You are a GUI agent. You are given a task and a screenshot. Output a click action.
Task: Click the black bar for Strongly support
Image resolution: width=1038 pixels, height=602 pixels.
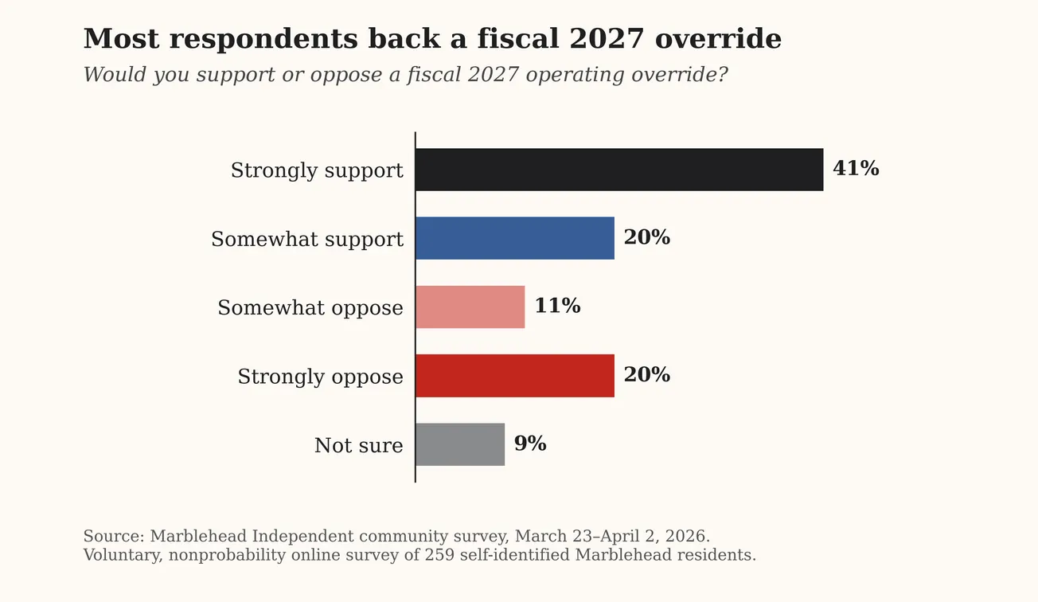pos(619,170)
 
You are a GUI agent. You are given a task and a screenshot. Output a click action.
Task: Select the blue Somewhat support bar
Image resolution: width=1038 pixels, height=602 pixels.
pos(514,238)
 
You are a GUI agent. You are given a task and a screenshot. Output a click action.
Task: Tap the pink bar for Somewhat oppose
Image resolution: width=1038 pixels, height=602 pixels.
pos(470,307)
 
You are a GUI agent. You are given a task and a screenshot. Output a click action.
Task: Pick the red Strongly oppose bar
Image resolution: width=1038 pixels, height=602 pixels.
pos(514,376)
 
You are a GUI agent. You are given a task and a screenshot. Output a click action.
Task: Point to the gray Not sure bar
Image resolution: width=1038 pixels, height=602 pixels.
pos(459,444)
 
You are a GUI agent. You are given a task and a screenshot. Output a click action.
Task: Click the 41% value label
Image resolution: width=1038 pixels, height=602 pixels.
pos(856,169)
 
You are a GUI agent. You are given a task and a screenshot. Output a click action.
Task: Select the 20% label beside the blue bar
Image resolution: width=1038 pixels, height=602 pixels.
pos(646,238)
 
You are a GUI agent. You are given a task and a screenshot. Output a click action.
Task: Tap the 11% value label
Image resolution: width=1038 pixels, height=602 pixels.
pos(557,307)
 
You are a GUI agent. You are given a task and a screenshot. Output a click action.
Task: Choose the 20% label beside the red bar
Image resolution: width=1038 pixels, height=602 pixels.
pos(646,375)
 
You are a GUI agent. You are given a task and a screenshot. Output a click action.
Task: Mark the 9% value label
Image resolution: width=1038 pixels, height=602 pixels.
pos(530,444)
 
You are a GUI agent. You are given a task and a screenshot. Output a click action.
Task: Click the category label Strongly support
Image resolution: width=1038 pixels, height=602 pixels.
pos(317,170)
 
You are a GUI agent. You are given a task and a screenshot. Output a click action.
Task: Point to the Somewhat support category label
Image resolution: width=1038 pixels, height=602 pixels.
pos(307,239)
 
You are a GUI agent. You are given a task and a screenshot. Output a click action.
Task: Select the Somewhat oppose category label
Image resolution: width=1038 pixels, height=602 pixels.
pos(310,308)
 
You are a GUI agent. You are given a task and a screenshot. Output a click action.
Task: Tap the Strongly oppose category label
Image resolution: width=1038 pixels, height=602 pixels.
pos(320,377)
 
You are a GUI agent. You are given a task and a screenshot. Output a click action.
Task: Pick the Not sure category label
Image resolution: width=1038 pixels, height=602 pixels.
pos(358,445)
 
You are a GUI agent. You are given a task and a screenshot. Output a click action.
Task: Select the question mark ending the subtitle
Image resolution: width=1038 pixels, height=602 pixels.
pos(722,75)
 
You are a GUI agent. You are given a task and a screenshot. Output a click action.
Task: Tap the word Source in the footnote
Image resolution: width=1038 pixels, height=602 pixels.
pos(112,537)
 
